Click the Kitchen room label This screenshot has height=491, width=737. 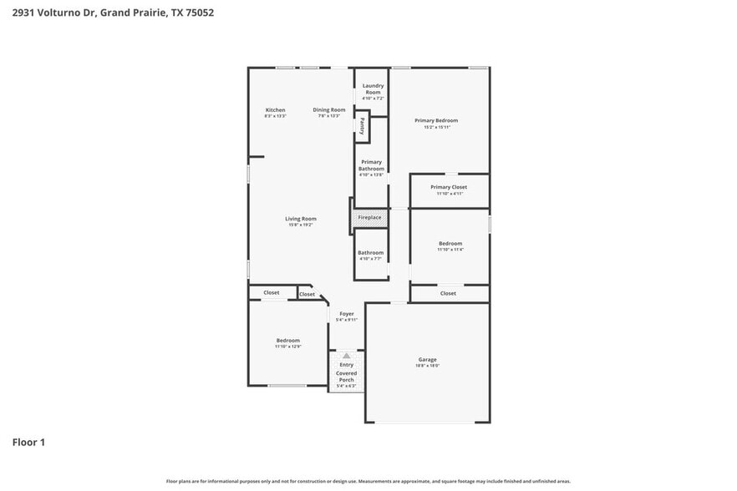point(275,110)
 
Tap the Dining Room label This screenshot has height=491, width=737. point(328,110)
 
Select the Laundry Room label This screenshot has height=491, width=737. point(373,89)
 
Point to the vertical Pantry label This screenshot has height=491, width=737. point(362,126)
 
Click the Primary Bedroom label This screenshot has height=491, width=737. point(436,120)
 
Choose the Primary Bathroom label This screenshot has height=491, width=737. point(371,165)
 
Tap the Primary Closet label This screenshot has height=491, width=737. point(449,187)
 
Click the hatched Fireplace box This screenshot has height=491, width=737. point(369,218)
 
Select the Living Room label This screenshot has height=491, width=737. point(301,219)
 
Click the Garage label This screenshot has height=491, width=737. point(428,359)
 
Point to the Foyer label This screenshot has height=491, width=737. point(346,314)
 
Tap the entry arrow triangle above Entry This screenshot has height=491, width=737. point(346,356)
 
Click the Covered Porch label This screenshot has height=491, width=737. point(346,377)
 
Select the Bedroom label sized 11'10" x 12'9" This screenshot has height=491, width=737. point(288,340)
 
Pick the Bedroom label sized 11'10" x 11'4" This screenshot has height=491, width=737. point(450,243)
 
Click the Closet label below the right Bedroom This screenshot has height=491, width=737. point(448,293)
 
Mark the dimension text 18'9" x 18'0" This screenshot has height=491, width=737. point(428,366)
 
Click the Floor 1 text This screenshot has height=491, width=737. point(28,442)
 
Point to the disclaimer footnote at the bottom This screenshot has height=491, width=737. point(368,481)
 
